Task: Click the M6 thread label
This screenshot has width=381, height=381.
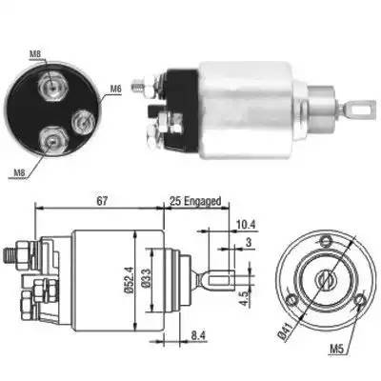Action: (x=116, y=89)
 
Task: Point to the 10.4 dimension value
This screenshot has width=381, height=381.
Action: (x=245, y=225)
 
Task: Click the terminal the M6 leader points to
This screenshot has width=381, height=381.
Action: (x=81, y=122)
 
